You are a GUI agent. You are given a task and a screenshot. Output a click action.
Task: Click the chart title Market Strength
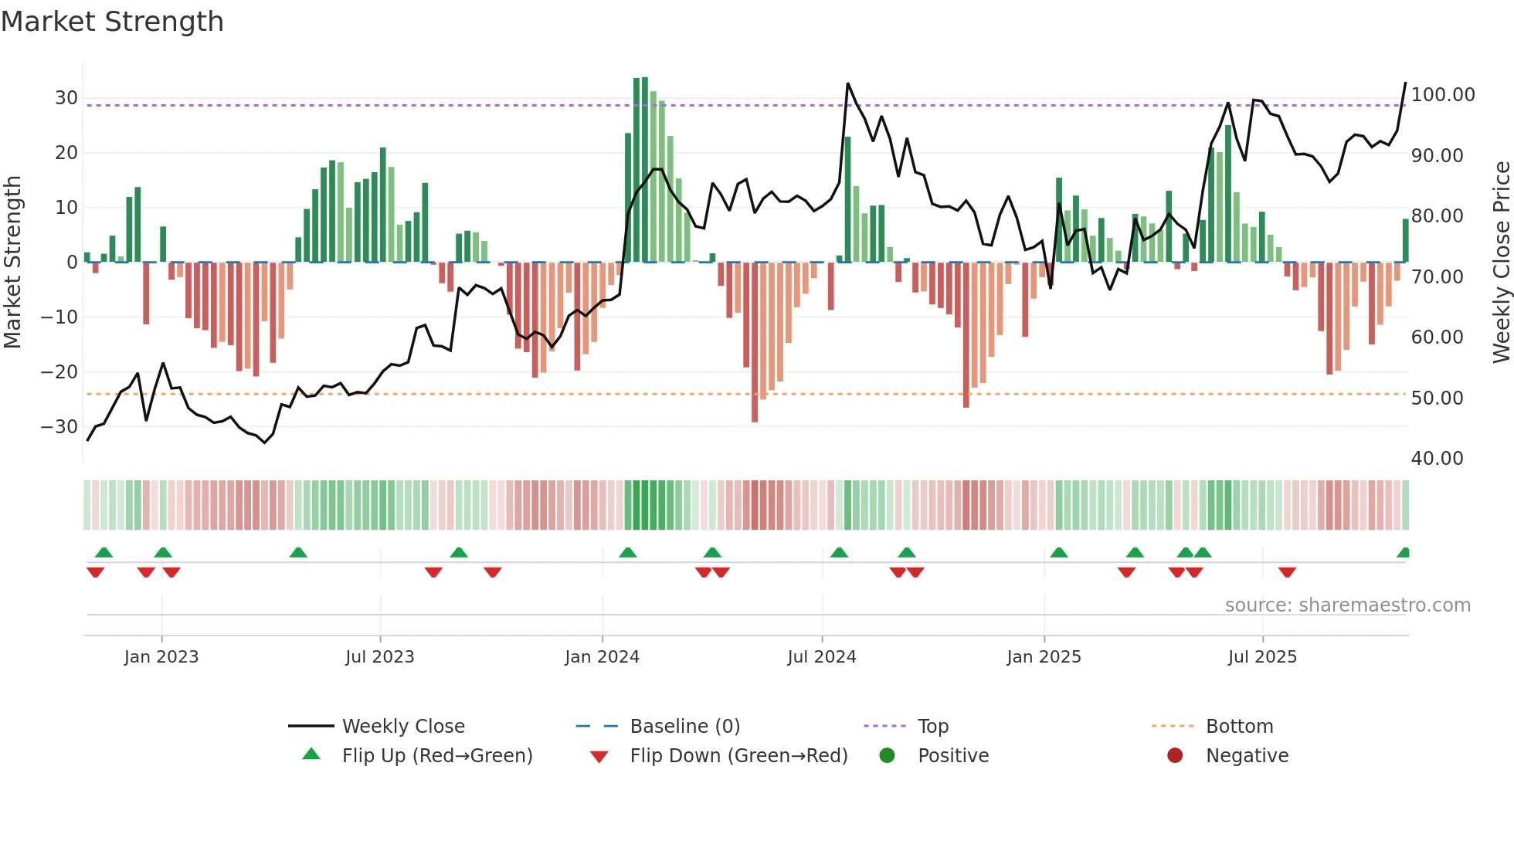pos(112,22)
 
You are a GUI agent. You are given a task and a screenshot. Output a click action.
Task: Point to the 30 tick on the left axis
pos(66,98)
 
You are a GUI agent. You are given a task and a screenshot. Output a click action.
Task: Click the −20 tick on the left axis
pos(59,372)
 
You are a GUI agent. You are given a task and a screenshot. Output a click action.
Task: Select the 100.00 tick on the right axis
pos(1442,95)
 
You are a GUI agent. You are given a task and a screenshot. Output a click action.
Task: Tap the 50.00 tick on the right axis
pos(1437,398)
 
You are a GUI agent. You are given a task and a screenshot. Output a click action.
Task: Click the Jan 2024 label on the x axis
pos(602,657)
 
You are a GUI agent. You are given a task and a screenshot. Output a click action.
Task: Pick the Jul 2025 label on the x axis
pos(1262,657)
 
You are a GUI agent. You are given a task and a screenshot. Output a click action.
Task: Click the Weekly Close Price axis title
pos(1501,263)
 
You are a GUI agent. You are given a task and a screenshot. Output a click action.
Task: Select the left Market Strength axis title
pos(12,263)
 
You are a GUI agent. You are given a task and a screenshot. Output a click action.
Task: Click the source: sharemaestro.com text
pos(1347,605)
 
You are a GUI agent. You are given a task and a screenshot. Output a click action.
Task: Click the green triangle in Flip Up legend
pos(311,754)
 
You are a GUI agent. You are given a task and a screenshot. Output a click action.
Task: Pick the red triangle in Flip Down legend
pos(599,757)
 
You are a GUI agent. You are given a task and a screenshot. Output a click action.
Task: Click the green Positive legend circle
pos(887,756)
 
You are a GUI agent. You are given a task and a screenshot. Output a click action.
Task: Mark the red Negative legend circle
pos(1175,756)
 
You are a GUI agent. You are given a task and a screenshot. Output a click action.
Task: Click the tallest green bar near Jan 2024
pos(644,170)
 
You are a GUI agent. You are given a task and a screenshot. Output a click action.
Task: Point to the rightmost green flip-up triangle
pos(1404,553)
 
